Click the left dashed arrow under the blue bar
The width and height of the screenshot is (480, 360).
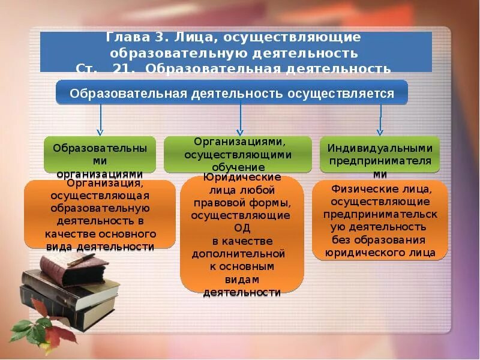point(100,119)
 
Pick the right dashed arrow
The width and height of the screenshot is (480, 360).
point(380,119)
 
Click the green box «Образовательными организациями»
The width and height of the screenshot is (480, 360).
point(100,155)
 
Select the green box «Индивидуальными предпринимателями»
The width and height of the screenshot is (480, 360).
point(380,155)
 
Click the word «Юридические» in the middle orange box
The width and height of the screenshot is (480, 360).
point(242,178)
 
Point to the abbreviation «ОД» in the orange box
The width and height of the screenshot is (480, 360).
point(242,228)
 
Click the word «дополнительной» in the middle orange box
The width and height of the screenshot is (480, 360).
point(238,253)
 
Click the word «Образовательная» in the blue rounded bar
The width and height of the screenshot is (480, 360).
point(128,94)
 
